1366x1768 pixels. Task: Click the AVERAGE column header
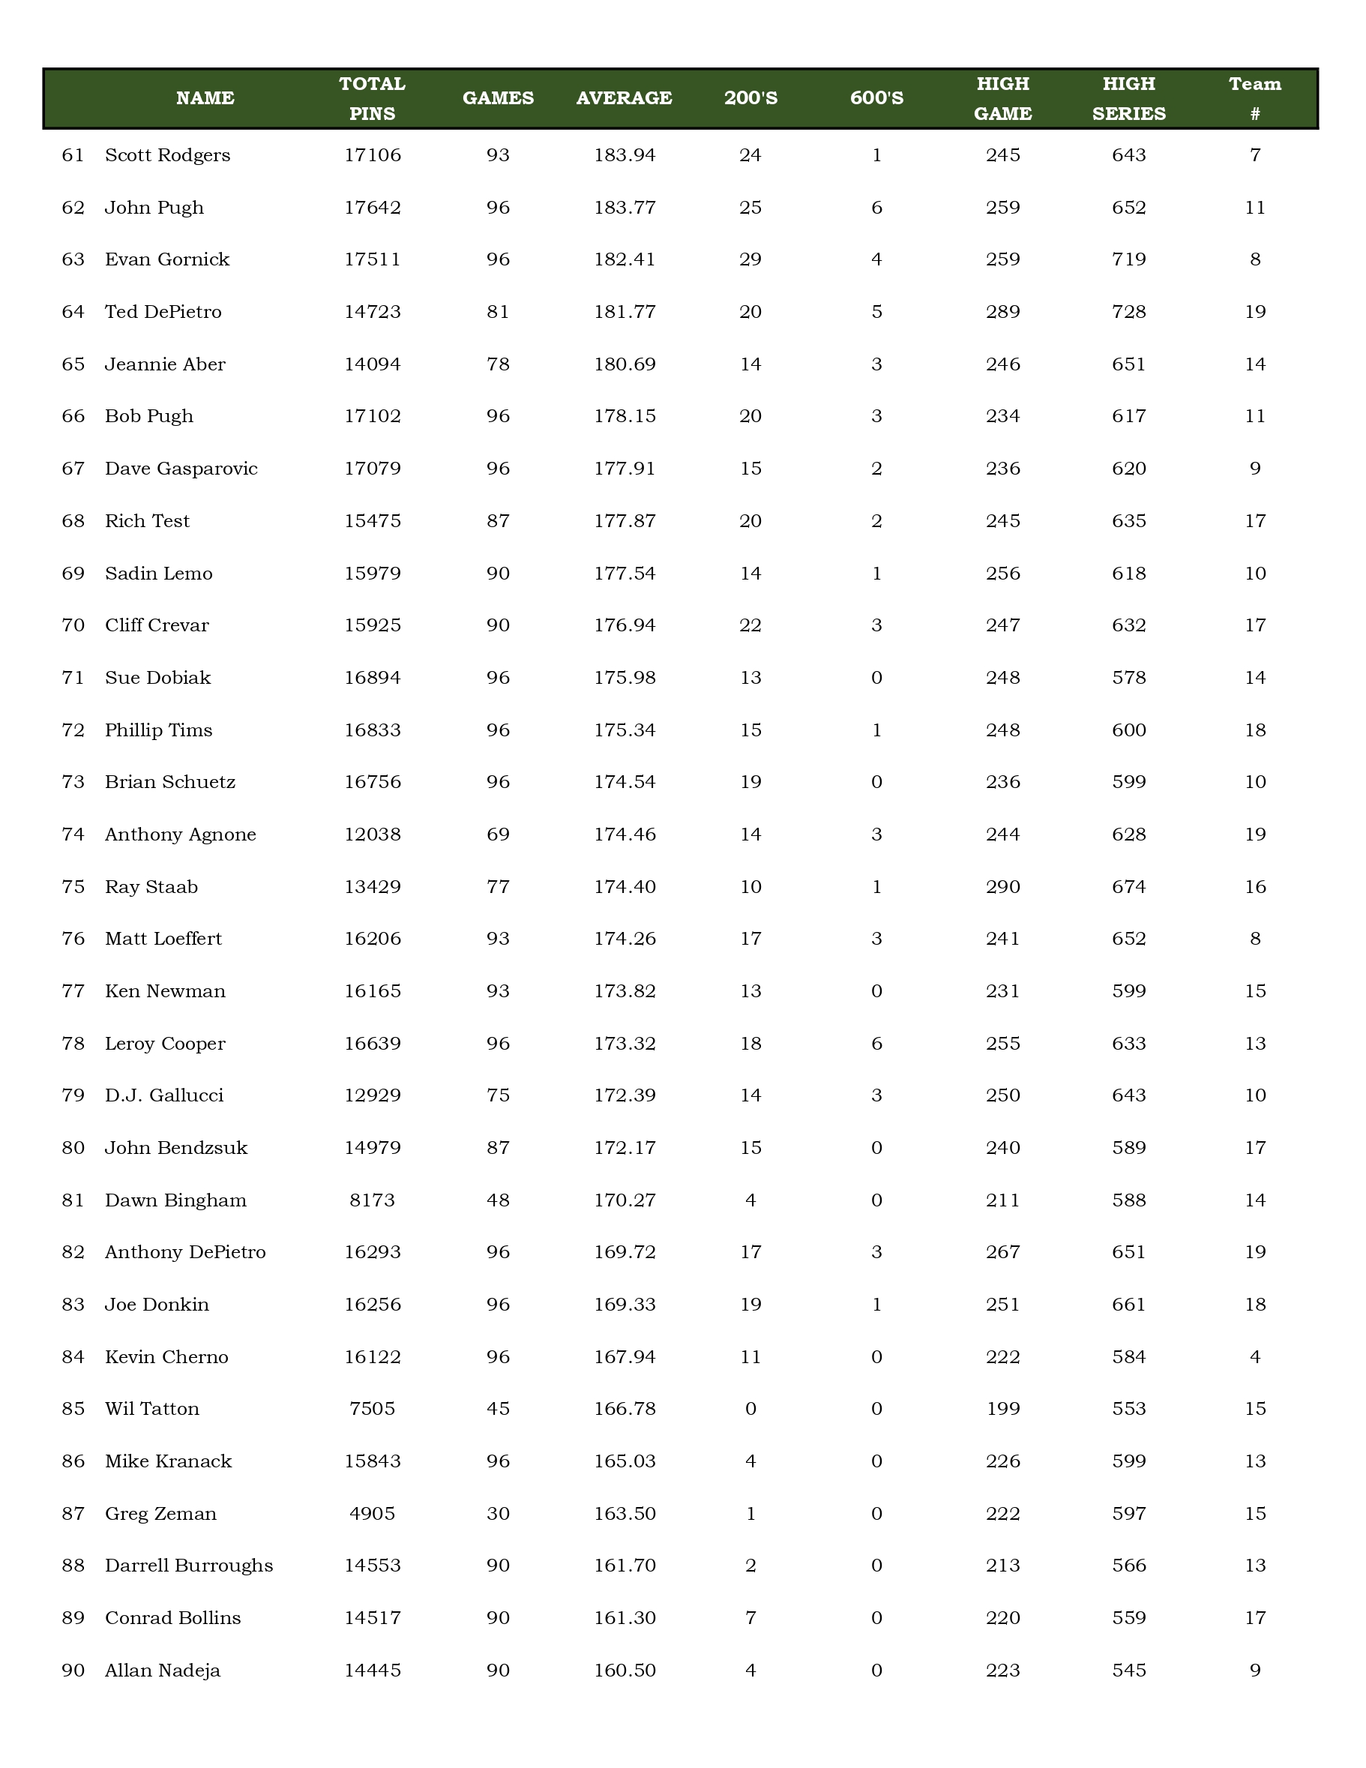pyautogui.click(x=624, y=98)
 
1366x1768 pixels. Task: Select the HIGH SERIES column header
pyautogui.click(x=1129, y=98)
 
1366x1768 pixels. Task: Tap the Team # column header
pyautogui.click(x=1254, y=98)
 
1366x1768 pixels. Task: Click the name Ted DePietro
pyautogui.click(x=163, y=312)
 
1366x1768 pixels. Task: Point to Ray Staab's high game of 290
pyautogui.click(x=1002, y=886)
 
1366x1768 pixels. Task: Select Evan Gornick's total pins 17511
pyautogui.click(x=373, y=259)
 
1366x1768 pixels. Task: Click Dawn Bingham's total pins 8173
pyautogui.click(x=373, y=1200)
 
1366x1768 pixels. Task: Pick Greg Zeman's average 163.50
pyautogui.click(x=624, y=1513)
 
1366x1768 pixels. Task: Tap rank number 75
pyautogui.click(x=73, y=886)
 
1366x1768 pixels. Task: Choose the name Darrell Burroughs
pyautogui.click(x=188, y=1565)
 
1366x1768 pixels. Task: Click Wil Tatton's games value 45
pyautogui.click(x=498, y=1409)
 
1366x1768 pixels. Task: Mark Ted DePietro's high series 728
pyautogui.click(x=1129, y=312)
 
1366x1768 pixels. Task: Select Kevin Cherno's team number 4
pyautogui.click(x=1254, y=1357)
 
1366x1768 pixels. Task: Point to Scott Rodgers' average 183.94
pyautogui.click(x=624, y=154)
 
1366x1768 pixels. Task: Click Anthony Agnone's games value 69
pyautogui.click(x=498, y=834)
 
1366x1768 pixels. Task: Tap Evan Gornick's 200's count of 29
pyautogui.click(x=750, y=259)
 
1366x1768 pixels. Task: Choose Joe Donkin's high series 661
pyautogui.click(x=1129, y=1304)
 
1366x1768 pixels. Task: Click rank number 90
pyautogui.click(x=73, y=1670)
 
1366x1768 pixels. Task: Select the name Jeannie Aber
pyautogui.click(x=165, y=364)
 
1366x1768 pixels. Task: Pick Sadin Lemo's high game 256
pyautogui.click(x=1002, y=573)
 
